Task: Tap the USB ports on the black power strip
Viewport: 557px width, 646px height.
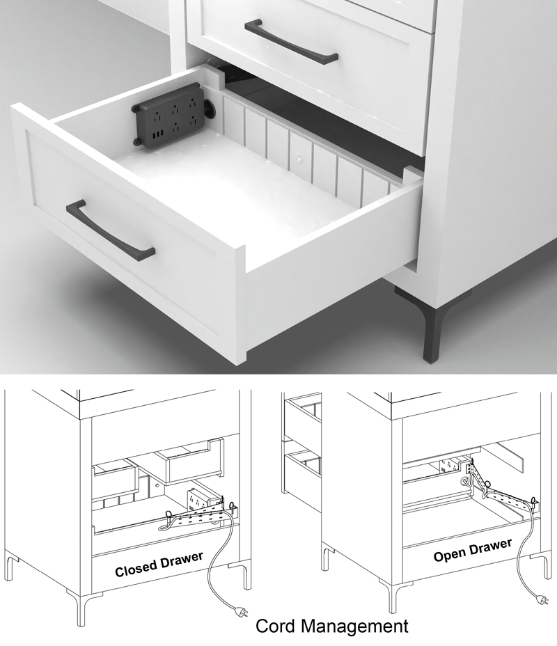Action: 159,132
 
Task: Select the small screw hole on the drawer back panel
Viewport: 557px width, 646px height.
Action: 300,159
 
